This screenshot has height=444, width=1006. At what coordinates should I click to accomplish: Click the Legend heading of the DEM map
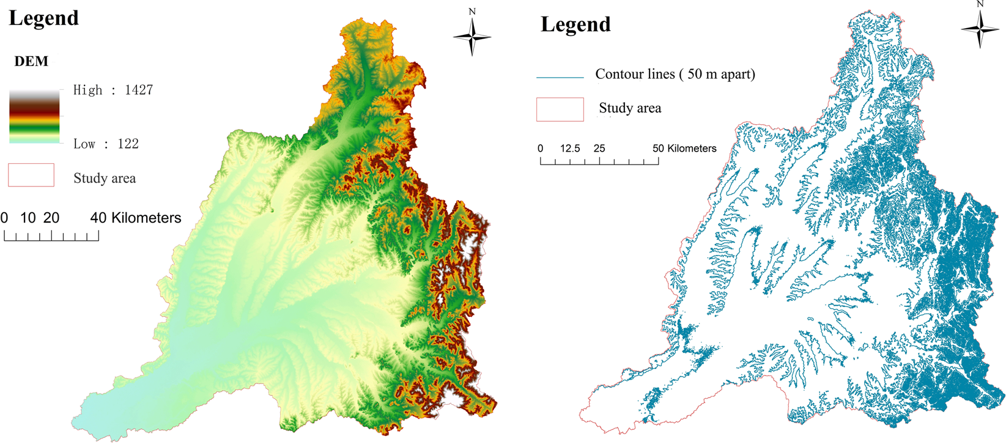44,18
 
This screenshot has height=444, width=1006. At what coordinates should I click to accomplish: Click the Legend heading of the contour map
575,24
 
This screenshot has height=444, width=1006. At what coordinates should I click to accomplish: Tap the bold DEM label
31,62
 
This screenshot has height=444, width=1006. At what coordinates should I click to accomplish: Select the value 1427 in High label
139,90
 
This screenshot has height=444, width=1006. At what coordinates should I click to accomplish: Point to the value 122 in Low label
128,144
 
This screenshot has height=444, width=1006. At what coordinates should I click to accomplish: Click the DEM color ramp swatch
34,116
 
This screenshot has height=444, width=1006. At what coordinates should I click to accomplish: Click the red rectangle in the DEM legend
31,175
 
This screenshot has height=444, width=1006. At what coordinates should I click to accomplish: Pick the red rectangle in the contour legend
560,109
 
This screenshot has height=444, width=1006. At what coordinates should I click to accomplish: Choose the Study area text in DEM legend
105,179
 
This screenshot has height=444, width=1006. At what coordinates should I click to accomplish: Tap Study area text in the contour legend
630,108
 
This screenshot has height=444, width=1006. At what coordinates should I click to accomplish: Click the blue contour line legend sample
560,78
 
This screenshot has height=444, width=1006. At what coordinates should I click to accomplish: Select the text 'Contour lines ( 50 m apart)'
675,74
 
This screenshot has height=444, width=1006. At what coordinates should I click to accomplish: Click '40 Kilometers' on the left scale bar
136,218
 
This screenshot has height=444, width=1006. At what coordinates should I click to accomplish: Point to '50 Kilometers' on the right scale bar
684,149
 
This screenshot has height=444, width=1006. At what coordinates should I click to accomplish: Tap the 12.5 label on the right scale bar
570,149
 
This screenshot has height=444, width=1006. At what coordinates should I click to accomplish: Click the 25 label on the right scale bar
599,149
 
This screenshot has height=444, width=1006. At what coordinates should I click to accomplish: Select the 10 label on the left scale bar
28,218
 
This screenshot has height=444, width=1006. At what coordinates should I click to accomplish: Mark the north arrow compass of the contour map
980,28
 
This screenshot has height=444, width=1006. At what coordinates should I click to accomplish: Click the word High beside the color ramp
87,90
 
